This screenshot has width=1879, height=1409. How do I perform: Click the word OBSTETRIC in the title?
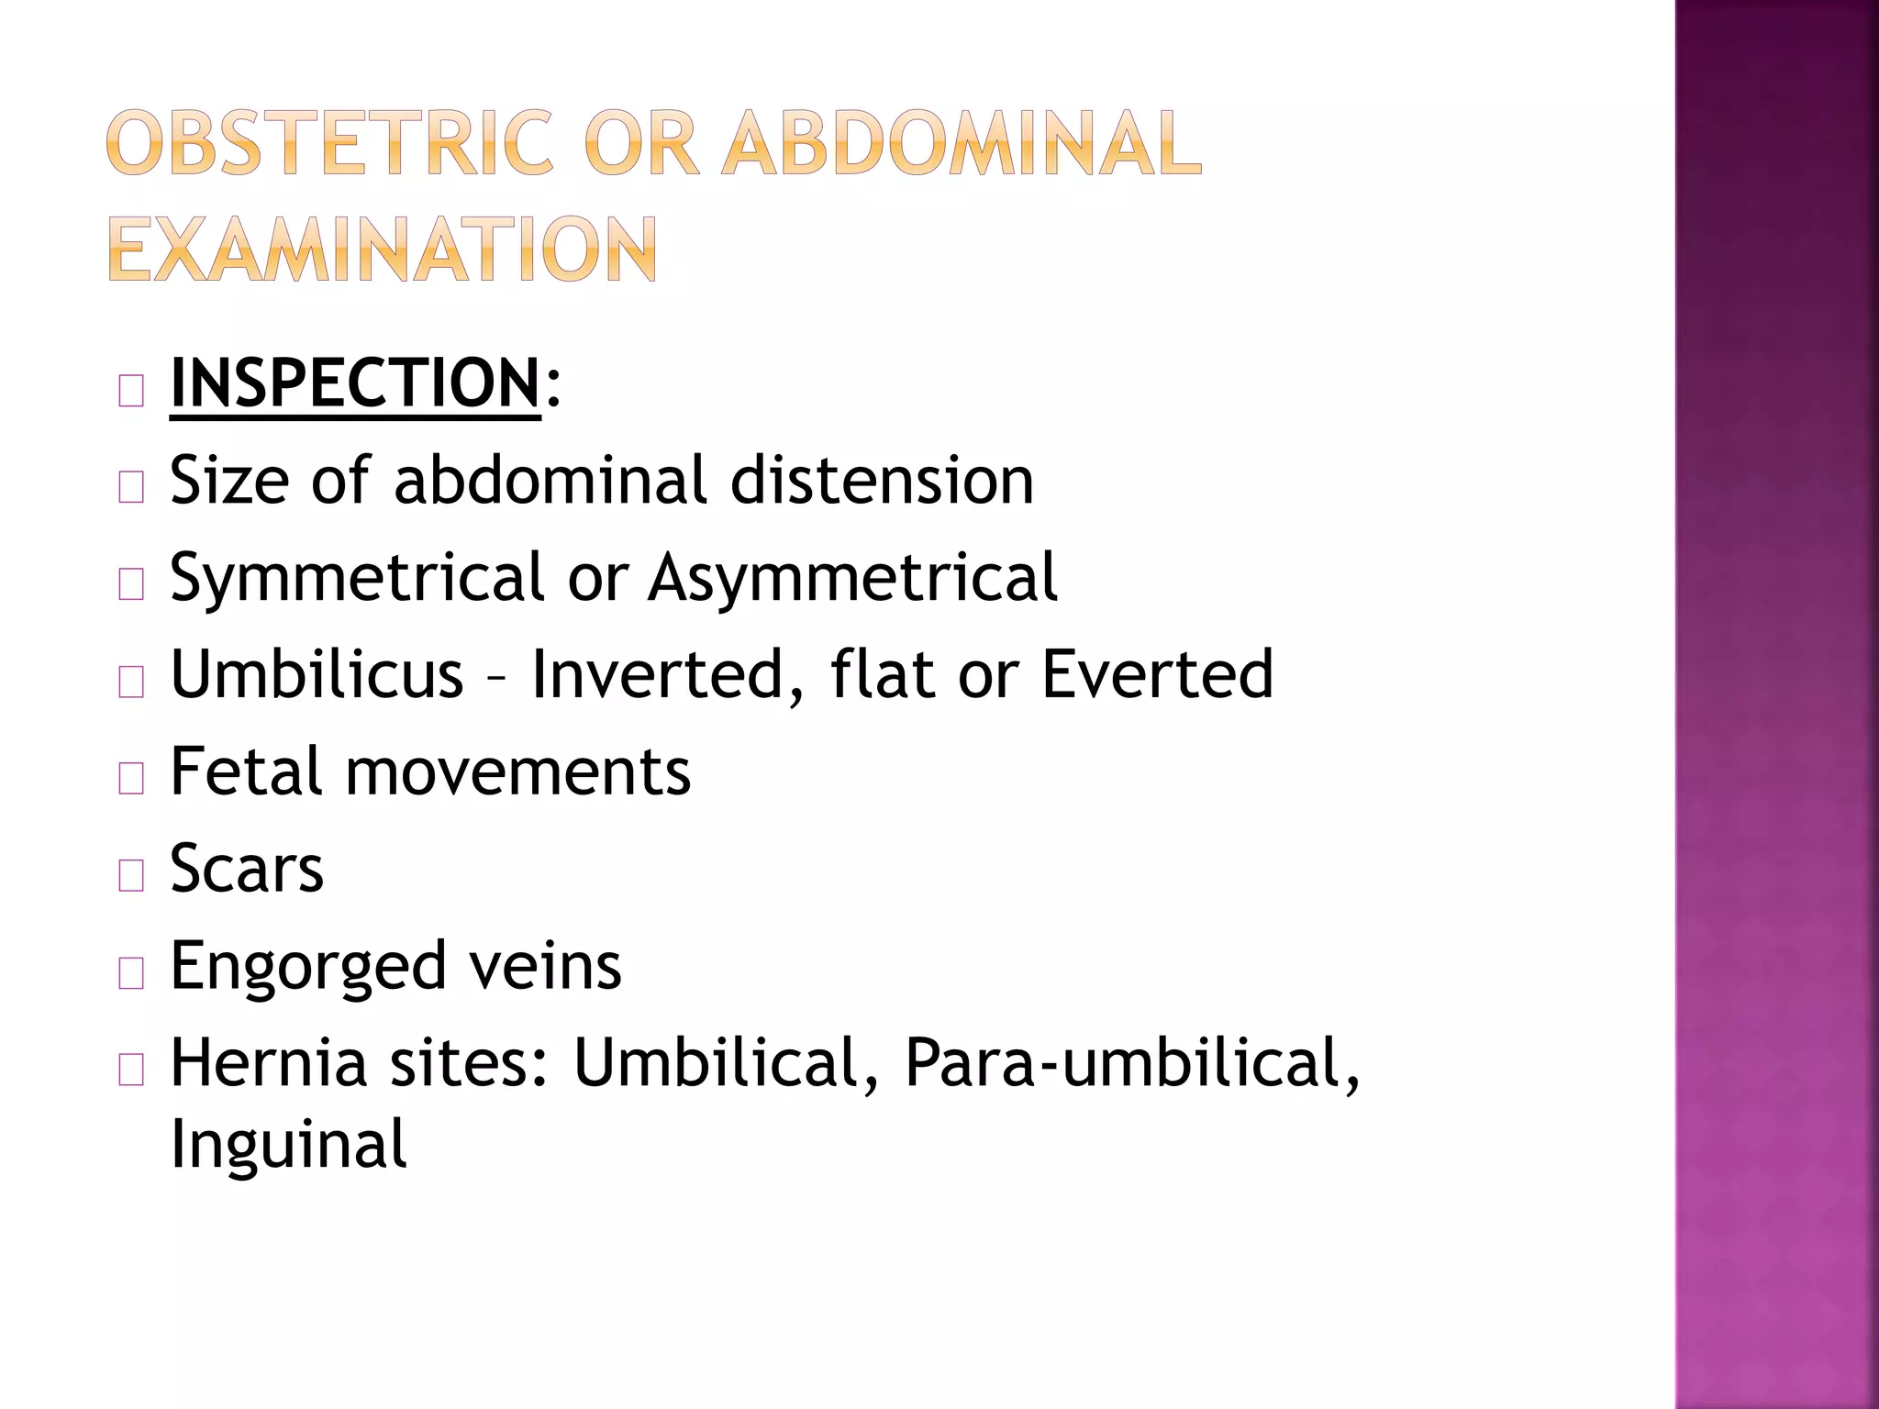click(x=329, y=143)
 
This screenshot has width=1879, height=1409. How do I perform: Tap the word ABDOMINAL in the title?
click(x=962, y=143)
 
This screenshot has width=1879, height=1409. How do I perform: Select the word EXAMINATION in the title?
click(x=383, y=250)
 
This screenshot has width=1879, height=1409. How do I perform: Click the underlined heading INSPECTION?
click(x=355, y=383)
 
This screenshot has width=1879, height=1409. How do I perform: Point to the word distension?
click(x=882, y=480)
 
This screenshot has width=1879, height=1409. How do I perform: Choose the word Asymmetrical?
click(x=853, y=578)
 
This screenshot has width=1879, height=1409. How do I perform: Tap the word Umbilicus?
click(x=317, y=674)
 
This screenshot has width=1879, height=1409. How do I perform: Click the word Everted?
click(x=1157, y=674)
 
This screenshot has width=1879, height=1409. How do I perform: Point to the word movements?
click(x=517, y=773)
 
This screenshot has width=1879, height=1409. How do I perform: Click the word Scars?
click(x=247, y=868)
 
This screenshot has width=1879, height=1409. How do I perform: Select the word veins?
click(x=545, y=965)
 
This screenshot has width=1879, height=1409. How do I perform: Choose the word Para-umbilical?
click(x=1132, y=1064)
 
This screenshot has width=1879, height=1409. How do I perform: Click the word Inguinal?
click(x=288, y=1145)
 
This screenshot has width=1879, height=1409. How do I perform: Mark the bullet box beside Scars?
click(x=131, y=876)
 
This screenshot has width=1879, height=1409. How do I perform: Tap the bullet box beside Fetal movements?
click(x=131, y=779)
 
